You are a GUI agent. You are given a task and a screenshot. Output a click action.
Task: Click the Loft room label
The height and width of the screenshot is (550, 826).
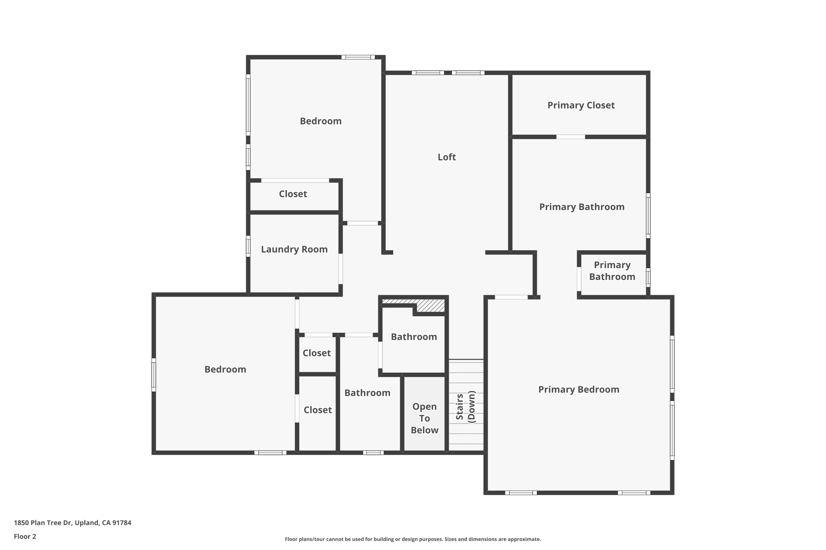[x=446, y=157]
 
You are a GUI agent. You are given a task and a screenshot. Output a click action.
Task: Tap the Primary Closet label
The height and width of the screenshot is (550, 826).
[x=581, y=105]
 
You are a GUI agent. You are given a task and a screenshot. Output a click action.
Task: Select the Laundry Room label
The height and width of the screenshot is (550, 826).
[x=294, y=249]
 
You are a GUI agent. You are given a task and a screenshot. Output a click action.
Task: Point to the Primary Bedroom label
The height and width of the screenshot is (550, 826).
[x=578, y=390]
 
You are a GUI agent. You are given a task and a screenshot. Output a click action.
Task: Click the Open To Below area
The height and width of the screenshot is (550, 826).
[x=424, y=418]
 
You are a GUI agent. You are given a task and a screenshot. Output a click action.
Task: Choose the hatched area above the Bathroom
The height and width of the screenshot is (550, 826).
[x=430, y=305]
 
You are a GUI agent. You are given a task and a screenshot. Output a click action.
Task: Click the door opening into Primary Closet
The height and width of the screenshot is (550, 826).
[x=570, y=137]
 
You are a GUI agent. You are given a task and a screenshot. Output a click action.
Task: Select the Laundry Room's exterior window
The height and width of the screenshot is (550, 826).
[x=248, y=246]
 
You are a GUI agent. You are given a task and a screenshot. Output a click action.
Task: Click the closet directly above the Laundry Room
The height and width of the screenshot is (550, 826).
[x=293, y=194]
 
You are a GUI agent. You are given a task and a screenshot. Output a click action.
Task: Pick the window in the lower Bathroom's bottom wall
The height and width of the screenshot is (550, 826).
[x=373, y=452]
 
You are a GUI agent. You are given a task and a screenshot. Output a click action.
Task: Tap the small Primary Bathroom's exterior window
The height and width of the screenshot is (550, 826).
[x=648, y=277]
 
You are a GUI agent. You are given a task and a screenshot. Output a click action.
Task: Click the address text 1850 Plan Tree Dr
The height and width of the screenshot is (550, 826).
[x=73, y=523]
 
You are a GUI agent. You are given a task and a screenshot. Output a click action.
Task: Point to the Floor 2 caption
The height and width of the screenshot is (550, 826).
[x=25, y=536]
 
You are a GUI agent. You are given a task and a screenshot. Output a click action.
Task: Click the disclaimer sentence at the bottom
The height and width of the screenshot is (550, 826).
[x=413, y=539]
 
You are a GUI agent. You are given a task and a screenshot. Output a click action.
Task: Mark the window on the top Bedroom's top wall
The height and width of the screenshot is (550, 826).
[x=358, y=57]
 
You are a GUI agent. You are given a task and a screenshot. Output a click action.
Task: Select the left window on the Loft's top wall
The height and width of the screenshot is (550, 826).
[x=428, y=73]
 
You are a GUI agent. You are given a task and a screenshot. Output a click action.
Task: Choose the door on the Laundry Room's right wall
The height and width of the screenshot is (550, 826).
[x=341, y=269]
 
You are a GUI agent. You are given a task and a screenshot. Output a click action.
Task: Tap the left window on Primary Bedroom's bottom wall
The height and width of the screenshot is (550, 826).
[x=521, y=492]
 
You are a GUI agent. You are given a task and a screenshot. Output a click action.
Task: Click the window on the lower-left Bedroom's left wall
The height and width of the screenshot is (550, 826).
[x=154, y=375]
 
